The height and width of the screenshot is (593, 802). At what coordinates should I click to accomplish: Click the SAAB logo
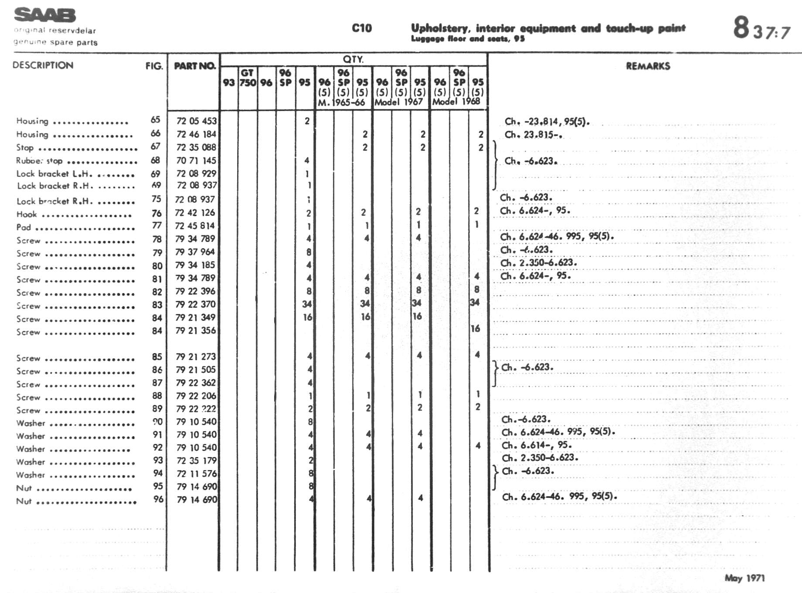tap(45, 15)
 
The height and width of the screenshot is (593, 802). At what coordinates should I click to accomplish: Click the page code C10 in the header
tap(362, 28)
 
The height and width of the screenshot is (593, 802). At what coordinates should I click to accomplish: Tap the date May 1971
tap(744, 578)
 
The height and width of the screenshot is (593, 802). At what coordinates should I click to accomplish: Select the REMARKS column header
tap(648, 66)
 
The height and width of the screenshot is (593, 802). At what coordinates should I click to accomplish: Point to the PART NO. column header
tap(194, 66)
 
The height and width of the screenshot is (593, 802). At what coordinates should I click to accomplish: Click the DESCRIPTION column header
tap(43, 65)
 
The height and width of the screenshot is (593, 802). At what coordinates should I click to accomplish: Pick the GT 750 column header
tap(247, 78)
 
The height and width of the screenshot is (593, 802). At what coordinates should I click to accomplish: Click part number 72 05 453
tap(196, 121)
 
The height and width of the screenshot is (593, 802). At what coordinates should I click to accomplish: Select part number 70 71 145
tap(196, 160)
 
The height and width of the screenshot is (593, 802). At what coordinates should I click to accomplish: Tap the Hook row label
tap(27, 215)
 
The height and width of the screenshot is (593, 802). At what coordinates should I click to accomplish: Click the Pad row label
tap(24, 228)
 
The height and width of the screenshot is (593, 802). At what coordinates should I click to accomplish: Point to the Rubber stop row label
tap(39, 161)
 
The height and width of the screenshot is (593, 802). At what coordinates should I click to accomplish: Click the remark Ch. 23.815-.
tap(533, 135)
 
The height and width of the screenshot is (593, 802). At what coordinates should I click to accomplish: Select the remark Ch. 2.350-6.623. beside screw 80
tap(538, 263)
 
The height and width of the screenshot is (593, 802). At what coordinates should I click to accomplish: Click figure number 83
tap(157, 305)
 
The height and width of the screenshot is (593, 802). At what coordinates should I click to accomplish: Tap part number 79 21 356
tap(196, 331)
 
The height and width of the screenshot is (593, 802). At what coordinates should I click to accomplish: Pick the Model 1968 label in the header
tap(456, 102)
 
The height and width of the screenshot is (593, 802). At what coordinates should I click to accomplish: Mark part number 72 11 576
tap(196, 474)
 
